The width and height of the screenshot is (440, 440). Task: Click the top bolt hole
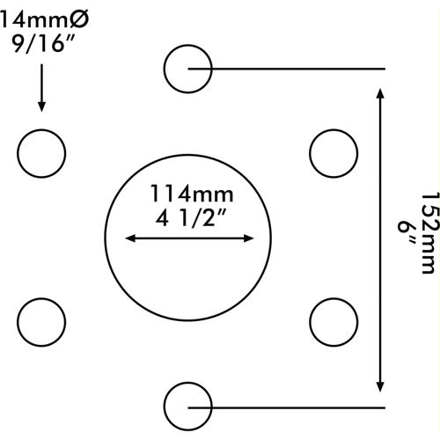(x=165, y=69)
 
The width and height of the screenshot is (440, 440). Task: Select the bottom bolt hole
(x=165, y=407)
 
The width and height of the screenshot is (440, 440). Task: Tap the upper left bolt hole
(x=18, y=153)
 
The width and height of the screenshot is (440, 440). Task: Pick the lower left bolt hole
(x=18, y=322)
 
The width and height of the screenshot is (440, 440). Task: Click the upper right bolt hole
(x=310, y=153)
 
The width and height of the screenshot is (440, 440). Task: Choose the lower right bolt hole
(x=310, y=322)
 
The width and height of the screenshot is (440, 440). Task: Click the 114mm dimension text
(x=192, y=194)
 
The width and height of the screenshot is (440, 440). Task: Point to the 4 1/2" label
(x=191, y=218)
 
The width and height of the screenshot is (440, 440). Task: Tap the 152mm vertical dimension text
(x=430, y=233)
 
